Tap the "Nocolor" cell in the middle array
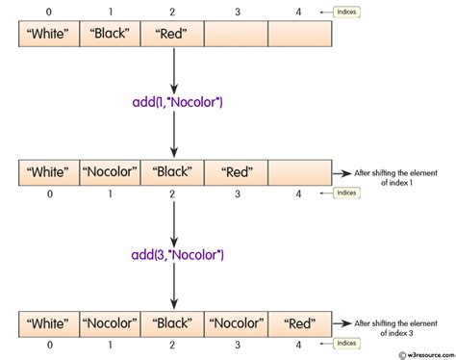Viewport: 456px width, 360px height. [x=110, y=173]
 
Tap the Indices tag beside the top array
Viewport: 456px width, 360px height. [x=347, y=13]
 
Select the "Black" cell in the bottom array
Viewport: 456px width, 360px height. [x=172, y=322]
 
